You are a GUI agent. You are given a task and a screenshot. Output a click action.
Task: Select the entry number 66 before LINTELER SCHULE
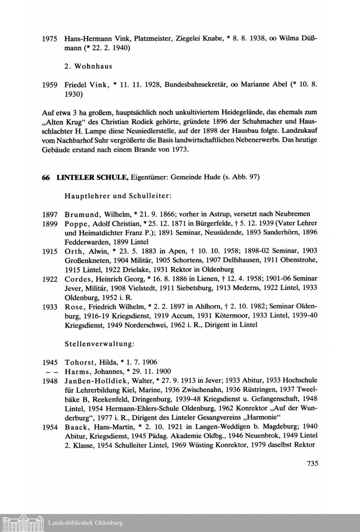point(46,177)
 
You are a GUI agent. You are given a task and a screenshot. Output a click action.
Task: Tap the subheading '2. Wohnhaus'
point(89,66)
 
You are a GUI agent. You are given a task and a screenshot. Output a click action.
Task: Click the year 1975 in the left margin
point(50,39)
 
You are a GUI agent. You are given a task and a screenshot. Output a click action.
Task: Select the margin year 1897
point(50,215)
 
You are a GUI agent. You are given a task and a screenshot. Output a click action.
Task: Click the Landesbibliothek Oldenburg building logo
point(22,522)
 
